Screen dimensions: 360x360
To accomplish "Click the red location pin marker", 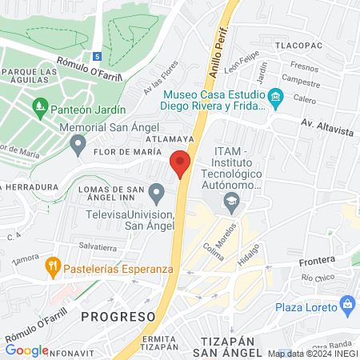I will (x=181, y=164).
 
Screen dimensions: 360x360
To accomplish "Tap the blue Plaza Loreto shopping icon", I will (x=347, y=304).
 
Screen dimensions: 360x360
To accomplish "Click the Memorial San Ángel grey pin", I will (x=78, y=146).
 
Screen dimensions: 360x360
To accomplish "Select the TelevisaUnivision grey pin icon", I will (x=158, y=193).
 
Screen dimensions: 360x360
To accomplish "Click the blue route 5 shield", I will (x=96, y=57).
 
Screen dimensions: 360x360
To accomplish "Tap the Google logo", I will (x=26, y=350).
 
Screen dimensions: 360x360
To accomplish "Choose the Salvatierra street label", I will (x=99, y=246).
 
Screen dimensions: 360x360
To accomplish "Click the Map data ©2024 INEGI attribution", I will (x=313, y=353).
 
